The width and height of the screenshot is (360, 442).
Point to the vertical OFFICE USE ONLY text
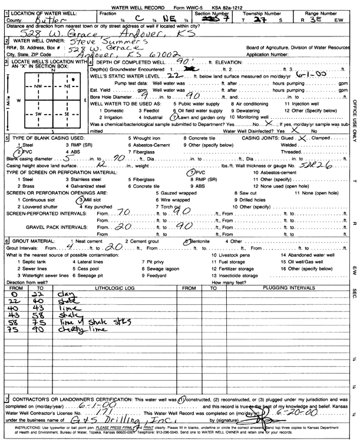(354, 118)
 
